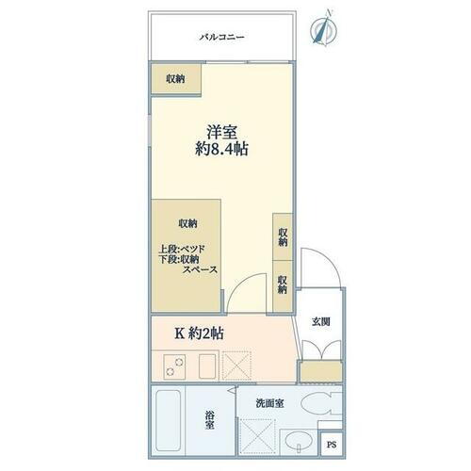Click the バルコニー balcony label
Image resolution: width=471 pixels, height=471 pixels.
point(221,38)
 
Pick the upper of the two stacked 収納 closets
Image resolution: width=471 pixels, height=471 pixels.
point(282,236)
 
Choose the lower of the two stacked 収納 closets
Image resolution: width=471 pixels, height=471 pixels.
point(282,284)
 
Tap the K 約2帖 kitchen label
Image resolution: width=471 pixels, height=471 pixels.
point(199,332)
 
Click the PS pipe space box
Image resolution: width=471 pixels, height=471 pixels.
point(331,446)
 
